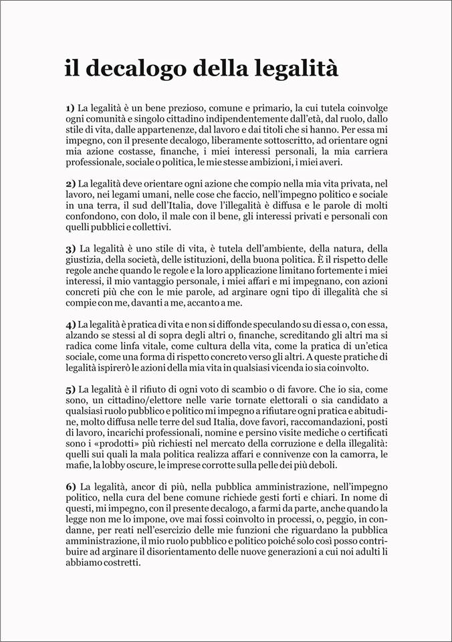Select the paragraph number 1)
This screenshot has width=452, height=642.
[70, 107]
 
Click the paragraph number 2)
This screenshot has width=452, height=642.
[70, 183]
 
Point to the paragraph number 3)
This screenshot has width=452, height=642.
[70, 248]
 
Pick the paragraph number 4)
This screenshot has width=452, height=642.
[70, 324]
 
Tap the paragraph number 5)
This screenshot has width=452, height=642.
[70, 389]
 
